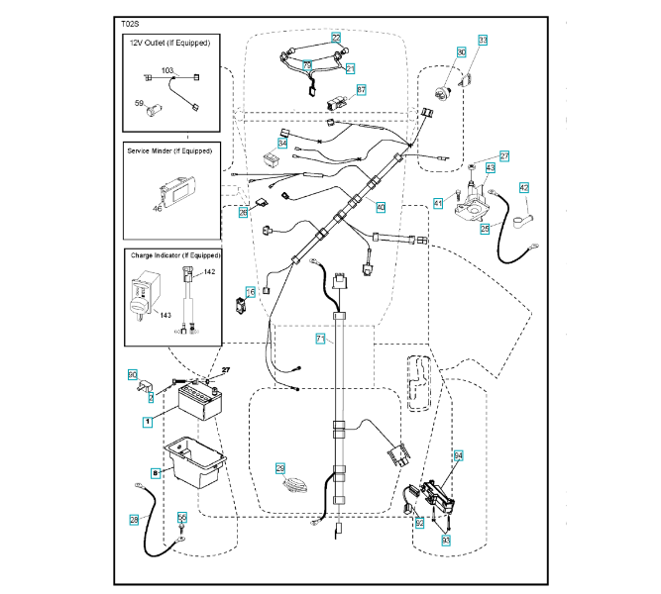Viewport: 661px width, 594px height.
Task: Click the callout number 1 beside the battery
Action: pyautogui.click(x=148, y=421)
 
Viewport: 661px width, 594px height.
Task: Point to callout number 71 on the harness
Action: pyautogui.click(x=321, y=339)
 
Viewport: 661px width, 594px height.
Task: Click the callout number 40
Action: pyautogui.click(x=381, y=207)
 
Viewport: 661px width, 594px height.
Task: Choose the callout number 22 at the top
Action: pyautogui.click(x=336, y=37)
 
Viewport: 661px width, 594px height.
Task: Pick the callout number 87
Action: pyautogui.click(x=362, y=89)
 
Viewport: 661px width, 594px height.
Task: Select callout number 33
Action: pyautogui.click(x=484, y=40)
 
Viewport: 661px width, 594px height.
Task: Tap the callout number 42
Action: pyautogui.click(x=524, y=187)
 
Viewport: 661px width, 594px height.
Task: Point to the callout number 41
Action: pyautogui.click(x=437, y=203)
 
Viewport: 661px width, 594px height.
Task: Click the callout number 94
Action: pyautogui.click(x=459, y=455)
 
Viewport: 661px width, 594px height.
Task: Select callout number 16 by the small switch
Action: pyautogui.click(x=251, y=292)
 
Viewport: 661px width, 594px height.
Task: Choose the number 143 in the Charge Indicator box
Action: pyautogui.click(x=165, y=316)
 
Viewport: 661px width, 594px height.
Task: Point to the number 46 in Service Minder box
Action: pyautogui.click(x=157, y=209)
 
